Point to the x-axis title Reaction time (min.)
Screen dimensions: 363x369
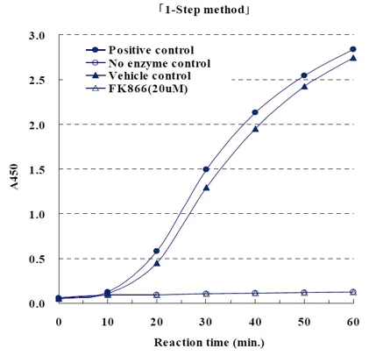(x=205, y=340)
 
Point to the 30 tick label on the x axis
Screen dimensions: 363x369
(x=205, y=321)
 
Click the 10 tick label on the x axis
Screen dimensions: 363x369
(x=107, y=321)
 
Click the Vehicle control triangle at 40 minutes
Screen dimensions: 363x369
(x=255, y=129)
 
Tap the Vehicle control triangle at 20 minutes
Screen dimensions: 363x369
(x=157, y=263)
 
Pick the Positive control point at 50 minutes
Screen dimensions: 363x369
(x=304, y=75)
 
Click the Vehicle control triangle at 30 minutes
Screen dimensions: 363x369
(x=206, y=188)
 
